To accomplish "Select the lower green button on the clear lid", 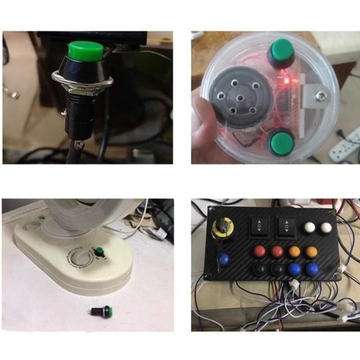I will tap(282, 142).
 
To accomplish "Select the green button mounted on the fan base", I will tap(99, 252).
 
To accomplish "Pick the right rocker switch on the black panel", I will tap(287, 226).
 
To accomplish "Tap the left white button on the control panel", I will tap(308, 228).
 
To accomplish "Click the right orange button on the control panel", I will tap(311, 251).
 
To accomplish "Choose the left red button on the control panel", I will tap(259, 251).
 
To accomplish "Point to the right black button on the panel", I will tap(277, 269).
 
